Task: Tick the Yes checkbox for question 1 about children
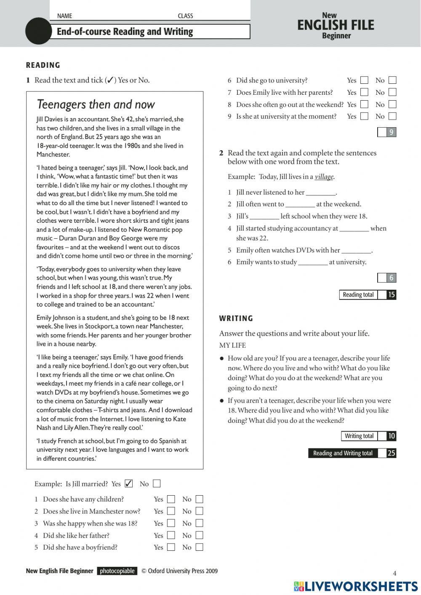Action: pyautogui.click(x=171, y=499)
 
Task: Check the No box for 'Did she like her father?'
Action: pyautogui.click(x=200, y=535)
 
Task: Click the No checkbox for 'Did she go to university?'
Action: pyautogui.click(x=392, y=80)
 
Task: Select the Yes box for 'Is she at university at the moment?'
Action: pyautogui.click(x=365, y=116)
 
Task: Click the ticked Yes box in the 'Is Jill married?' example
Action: pyautogui.click(x=129, y=483)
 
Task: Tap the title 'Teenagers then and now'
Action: pyautogui.click(x=96, y=104)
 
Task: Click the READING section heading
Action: pyautogui.click(x=43, y=65)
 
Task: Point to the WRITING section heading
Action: pyautogui.click(x=236, y=318)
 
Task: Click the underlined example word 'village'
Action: pyautogui.click(x=324, y=177)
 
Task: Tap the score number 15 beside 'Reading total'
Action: pyautogui.click(x=392, y=295)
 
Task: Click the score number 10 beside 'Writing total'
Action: pyautogui.click(x=392, y=436)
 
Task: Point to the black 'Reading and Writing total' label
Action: pyautogui.click(x=343, y=453)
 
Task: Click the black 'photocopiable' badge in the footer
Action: pyautogui.click(x=117, y=571)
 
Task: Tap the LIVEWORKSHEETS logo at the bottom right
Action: pyautogui.click(x=356, y=586)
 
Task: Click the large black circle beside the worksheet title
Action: pyautogui.click(x=38, y=31)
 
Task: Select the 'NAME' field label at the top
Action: pyautogui.click(x=64, y=16)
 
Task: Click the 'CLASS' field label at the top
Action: pyautogui.click(x=185, y=16)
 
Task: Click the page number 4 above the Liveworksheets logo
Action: pyautogui.click(x=394, y=573)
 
